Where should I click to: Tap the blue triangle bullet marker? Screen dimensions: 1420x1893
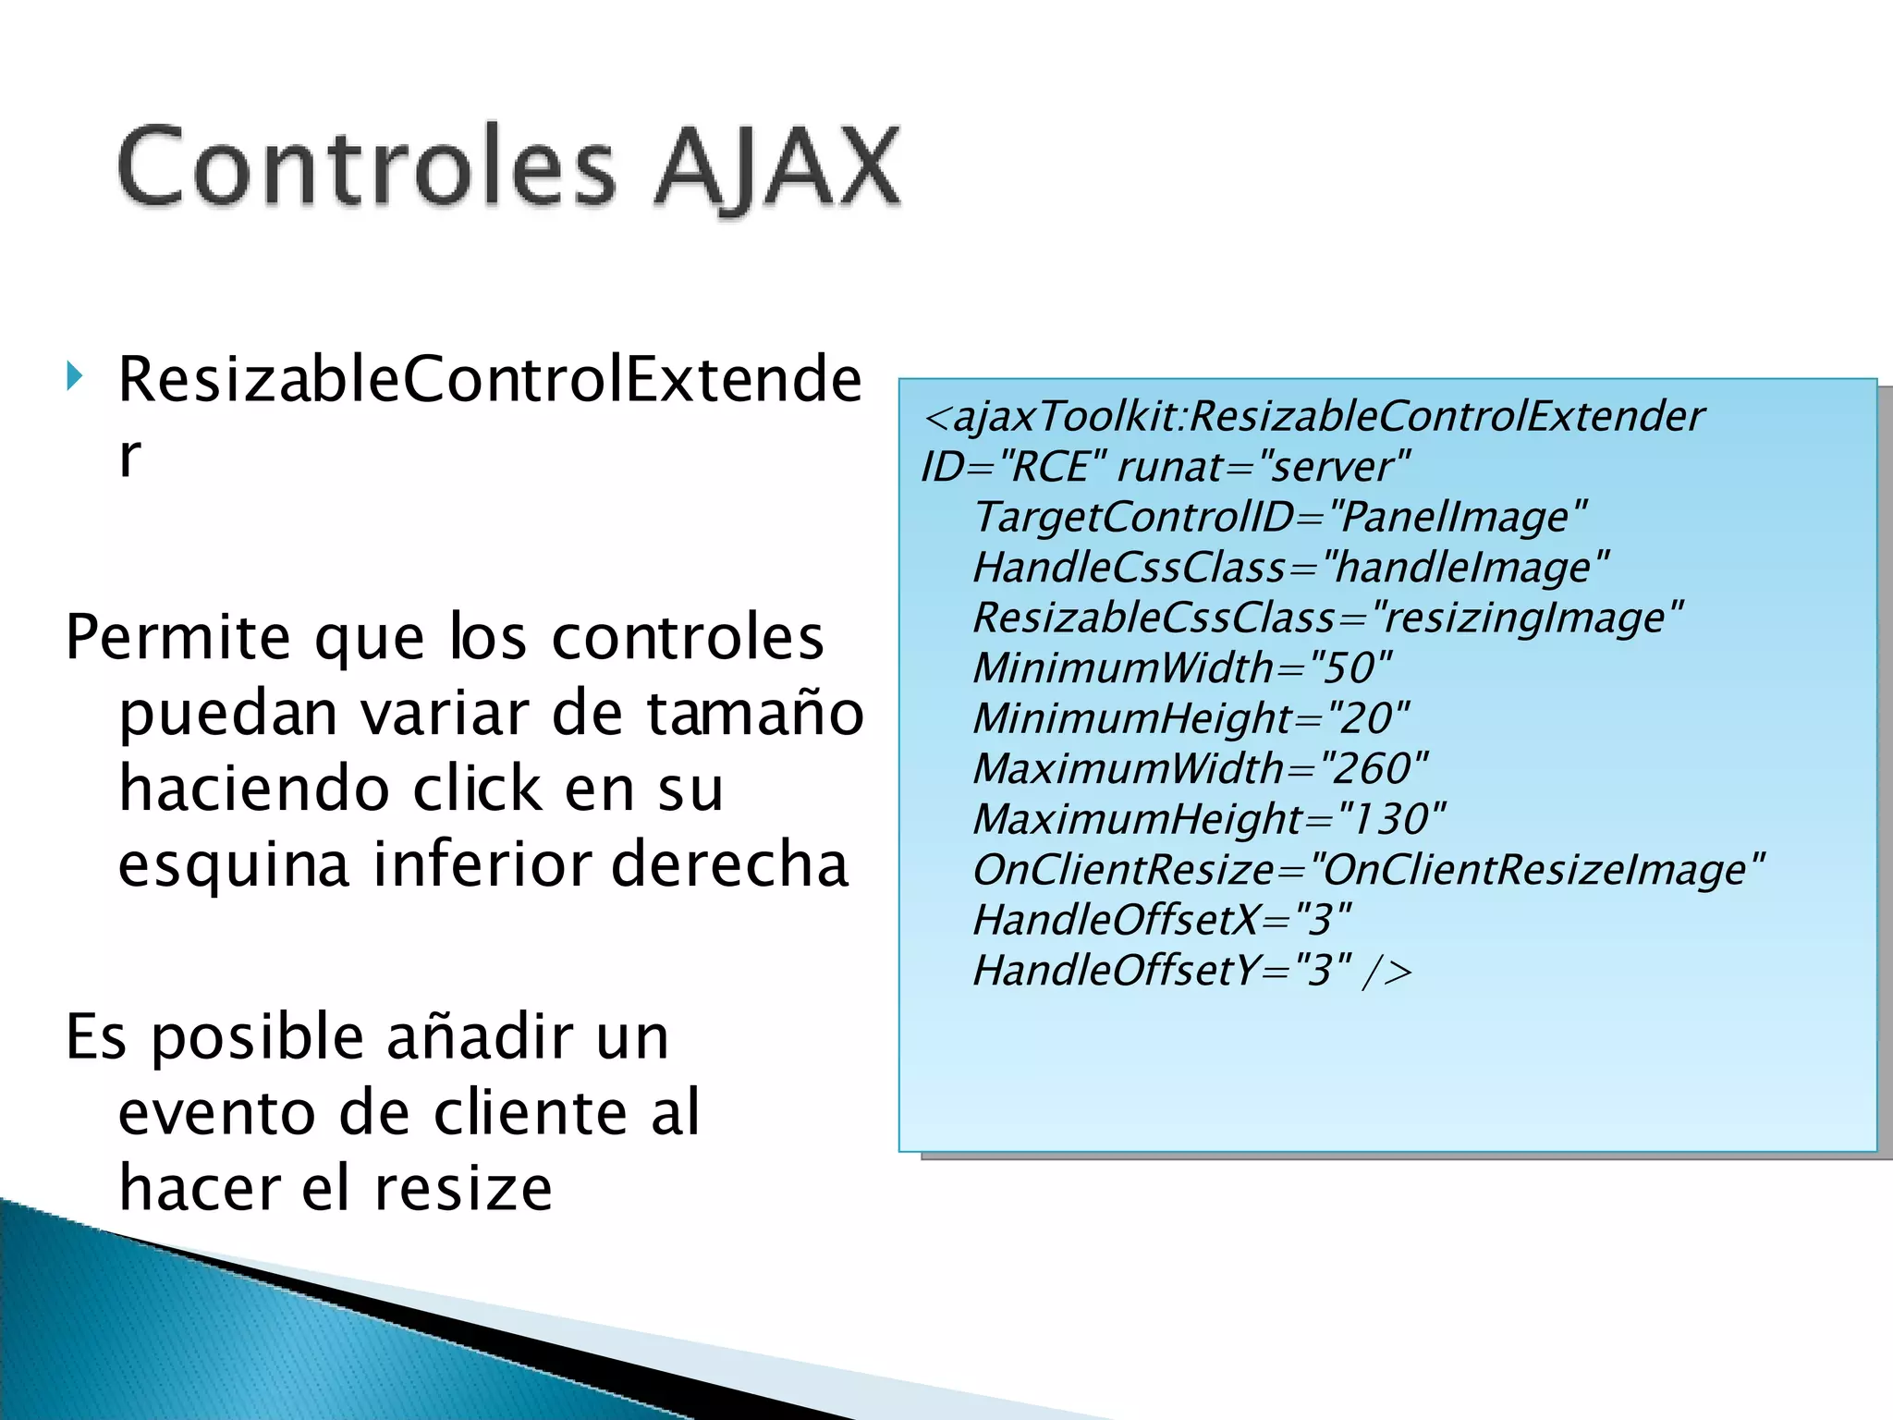[75, 376]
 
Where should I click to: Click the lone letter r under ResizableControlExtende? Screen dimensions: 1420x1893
[129, 457]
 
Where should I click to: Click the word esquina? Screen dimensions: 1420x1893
[234, 865]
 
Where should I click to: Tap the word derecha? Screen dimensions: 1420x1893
[729, 863]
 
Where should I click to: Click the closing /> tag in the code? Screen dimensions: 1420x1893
[1386, 972]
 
